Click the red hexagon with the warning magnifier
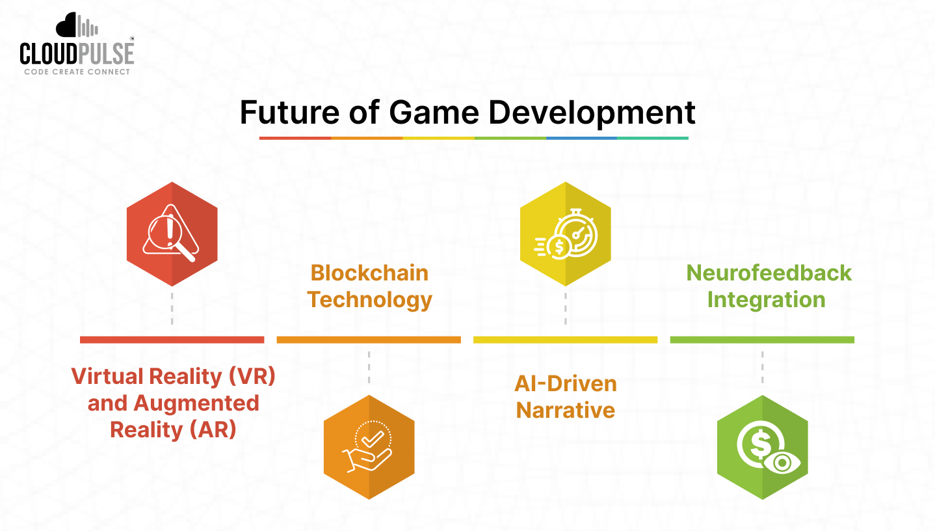pyautogui.click(x=172, y=233)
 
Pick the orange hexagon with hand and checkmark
pyautogui.click(x=369, y=447)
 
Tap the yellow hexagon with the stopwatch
pyautogui.click(x=565, y=233)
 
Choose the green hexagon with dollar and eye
pyautogui.click(x=762, y=447)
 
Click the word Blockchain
pyautogui.click(x=369, y=273)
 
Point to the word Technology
pyautogui.click(x=369, y=300)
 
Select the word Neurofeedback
pyautogui.click(x=769, y=273)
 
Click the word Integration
pyautogui.click(x=766, y=300)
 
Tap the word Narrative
pyautogui.click(x=565, y=411)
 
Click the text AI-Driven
pyautogui.click(x=565, y=383)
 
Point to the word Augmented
pyautogui.click(x=196, y=403)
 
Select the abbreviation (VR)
pyautogui.click(x=250, y=376)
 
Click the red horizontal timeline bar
pyautogui.click(x=172, y=340)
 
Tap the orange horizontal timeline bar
pyautogui.click(x=369, y=340)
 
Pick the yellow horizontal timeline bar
pyautogui.click(x=565, y=340)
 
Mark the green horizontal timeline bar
pyautogui.click(x=762, y=340)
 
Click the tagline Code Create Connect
pyautogui.click(x=77, y=72)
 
